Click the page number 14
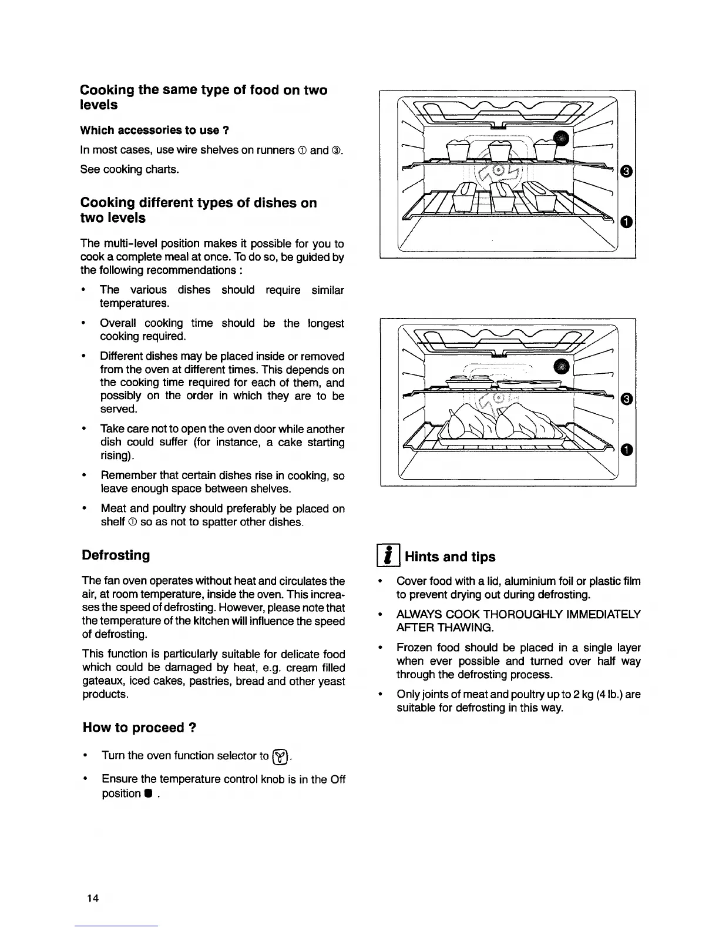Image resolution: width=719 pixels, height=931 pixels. [92, 897]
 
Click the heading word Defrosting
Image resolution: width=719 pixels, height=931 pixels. [116, 555]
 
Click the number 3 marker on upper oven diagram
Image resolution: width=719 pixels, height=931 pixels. [627, 172]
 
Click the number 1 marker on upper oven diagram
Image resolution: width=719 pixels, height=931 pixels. [627, 222]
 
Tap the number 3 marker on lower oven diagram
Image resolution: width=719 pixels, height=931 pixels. [627, 400]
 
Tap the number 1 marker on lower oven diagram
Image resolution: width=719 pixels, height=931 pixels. [627, 451]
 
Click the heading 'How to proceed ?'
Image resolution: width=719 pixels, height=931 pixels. [139, 728]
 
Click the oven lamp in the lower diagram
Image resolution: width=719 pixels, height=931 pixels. [563, 366]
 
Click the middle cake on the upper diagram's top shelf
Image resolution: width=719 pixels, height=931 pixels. [500, 153]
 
